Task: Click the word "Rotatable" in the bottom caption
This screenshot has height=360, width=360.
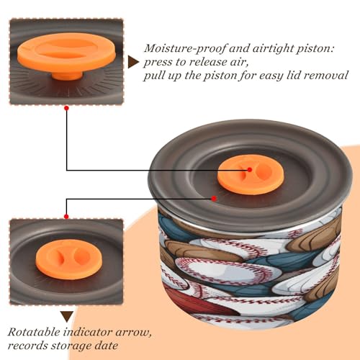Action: click(34, 332)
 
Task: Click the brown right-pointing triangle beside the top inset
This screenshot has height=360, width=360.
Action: click(132, 63)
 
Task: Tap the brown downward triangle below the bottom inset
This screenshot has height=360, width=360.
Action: click(67, 317)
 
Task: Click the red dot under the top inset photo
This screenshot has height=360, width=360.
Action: click(67, 108)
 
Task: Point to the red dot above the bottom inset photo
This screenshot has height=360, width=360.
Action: click(66, 217)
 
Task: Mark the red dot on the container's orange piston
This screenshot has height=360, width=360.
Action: click(250, 170)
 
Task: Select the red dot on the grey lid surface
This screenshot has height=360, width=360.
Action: click(214, 199)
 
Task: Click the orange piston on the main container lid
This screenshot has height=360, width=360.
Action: click(251, 174)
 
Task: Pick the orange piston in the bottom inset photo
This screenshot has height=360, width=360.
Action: click(69, 259)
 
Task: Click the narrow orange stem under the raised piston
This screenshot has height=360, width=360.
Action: click(67, 76)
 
